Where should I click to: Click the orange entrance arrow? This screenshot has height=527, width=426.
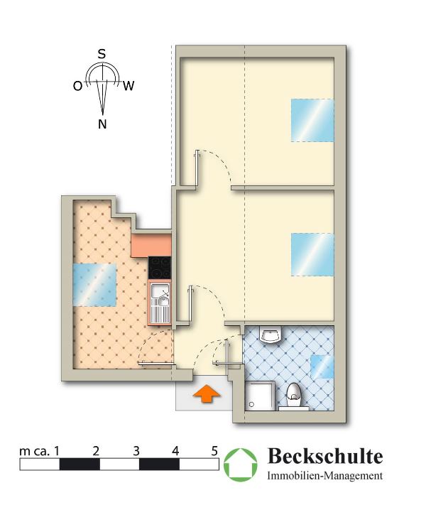(207, 393)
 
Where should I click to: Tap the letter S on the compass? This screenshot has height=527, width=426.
(102, 54)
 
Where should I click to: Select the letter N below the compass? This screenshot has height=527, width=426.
(102, 124)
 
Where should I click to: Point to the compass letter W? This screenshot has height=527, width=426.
(129, 86)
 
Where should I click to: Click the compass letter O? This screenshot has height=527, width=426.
(77, 87)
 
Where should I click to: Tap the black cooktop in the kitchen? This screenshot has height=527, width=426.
(160, 268)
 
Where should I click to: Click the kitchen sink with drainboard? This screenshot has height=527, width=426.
(160, 303)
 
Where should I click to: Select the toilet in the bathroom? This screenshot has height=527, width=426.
(293, 396)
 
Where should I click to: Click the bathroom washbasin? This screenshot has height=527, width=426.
(271, 335)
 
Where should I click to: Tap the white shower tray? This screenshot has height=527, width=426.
(259, 396)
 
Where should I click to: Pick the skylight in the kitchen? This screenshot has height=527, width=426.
(94, 285)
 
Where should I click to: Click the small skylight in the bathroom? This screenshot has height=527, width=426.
(322, 366)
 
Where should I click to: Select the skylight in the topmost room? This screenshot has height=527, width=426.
(312, 120)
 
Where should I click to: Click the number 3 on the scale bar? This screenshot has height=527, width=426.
(136, 451)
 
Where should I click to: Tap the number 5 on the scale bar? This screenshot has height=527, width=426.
(214, 451)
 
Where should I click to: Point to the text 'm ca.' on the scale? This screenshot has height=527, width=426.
(34, 452)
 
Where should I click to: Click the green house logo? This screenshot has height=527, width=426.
(241, 464)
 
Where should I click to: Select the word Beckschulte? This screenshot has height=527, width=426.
(325, 456)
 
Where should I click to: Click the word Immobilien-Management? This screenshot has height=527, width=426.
(325, 476)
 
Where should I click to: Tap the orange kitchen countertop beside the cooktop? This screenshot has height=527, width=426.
(151, 245)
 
